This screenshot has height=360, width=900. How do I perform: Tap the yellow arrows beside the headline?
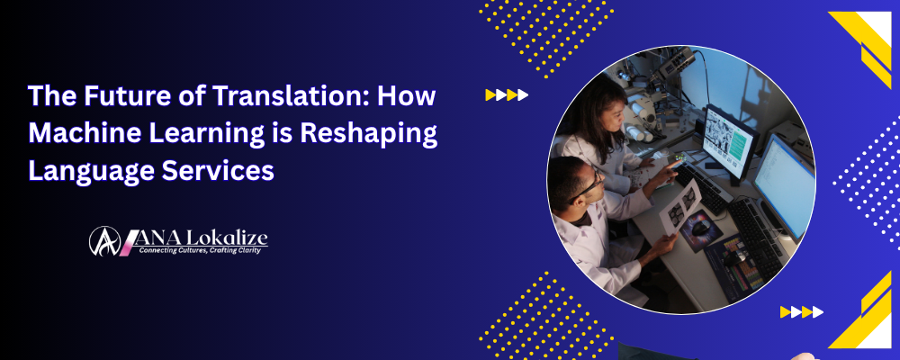coord(507,94)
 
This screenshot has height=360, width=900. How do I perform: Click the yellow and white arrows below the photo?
coord(801,312)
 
